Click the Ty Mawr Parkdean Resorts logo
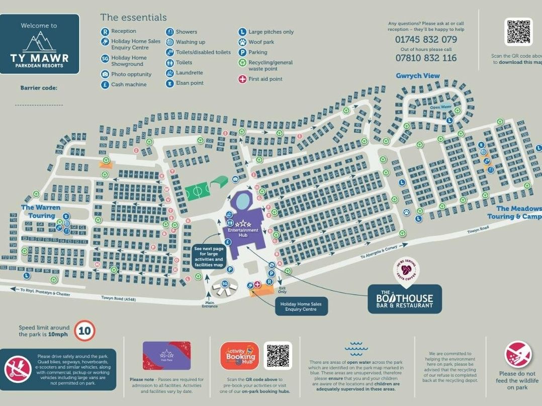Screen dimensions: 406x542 tap(40, 44)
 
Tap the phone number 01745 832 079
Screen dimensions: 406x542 tap(426, 39)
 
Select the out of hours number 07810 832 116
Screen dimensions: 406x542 tap(426, 58)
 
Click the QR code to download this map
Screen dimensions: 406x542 tap(518, 32)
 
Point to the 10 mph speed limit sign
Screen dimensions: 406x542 tap(85, 331)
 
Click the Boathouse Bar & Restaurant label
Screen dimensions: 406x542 tap(405, 299)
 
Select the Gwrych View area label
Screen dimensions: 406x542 tap(417, 76)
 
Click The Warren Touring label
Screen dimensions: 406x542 tap(41, 212)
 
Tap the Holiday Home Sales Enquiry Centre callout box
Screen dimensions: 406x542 tap(301, 306)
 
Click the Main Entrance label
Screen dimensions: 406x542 tap(210, 304)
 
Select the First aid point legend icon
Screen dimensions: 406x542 tap(243, 79)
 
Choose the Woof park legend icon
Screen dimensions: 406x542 tap(242, 42)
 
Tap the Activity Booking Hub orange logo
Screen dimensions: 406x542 tap(239, 356)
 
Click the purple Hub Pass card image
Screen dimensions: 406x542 tap(166, 356)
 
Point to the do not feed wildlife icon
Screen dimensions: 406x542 tap(517, 354)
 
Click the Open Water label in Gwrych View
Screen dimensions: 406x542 tap(441, 107)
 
